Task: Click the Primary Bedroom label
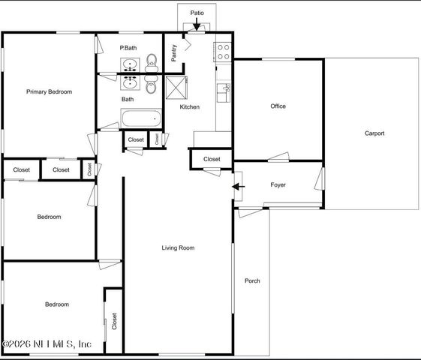49,91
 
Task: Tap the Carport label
374,133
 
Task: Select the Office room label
278,106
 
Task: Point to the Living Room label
178,247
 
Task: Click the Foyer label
278,184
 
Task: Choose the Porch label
252,281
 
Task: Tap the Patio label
197,13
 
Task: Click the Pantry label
173,52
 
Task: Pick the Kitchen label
189,107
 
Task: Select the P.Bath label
128,48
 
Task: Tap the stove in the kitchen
224,51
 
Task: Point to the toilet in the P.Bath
150,61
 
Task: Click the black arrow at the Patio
197,26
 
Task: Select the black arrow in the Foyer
239,186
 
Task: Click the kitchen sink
223,92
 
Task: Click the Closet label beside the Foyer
212,159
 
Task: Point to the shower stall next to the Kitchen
175,86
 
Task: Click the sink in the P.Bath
130,61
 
